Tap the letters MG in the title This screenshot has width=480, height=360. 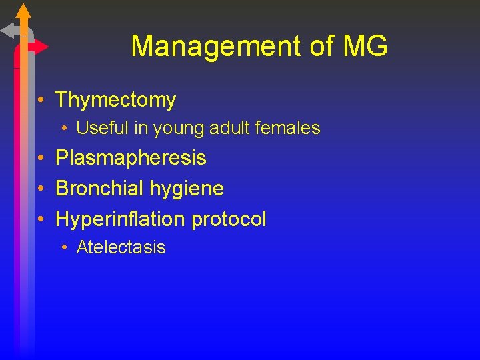[x=365, y=47]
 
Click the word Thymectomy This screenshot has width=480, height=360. [x=115, y=100]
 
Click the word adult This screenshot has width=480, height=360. [x=228, y=127]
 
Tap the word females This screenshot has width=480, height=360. [x=287, y=127]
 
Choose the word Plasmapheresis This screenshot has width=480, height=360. [x=131, y=158]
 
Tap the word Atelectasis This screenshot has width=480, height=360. [x=121, y=247]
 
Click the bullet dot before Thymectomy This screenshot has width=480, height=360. [x=41, y=101]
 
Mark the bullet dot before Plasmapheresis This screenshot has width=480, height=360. [x=41, y=159]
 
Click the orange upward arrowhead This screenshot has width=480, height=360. [x=23, y=10]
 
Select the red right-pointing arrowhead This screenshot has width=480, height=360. [x=41, y=47]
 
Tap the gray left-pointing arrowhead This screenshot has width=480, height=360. [x=8, y=30]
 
